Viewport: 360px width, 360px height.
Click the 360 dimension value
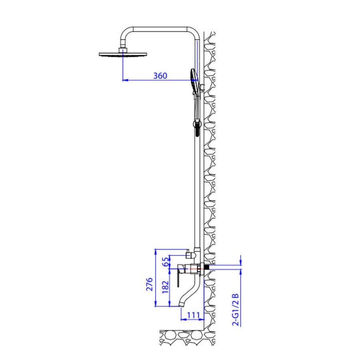pos(160,76)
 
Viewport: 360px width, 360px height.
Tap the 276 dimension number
pos(149,284)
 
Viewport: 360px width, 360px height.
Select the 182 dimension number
pos(165,287)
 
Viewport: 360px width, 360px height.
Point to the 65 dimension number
pos(165,262)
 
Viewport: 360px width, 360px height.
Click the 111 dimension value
pos(194,315)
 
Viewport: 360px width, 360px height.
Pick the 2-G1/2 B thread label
pos(236,310)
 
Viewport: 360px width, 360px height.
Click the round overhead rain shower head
pos(123,54)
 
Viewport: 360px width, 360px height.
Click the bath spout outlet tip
pos(182,304)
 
